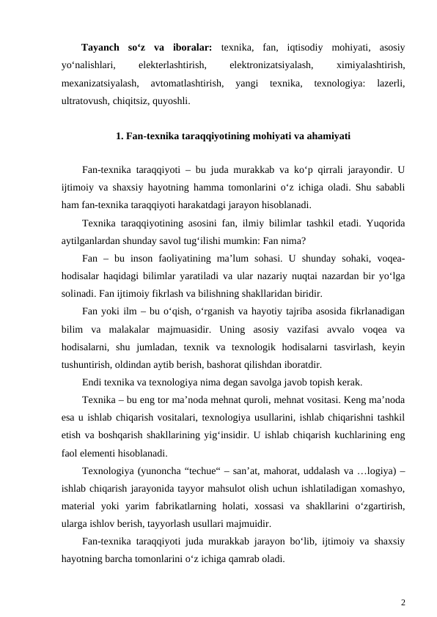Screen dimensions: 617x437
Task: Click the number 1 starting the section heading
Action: coord(119,136)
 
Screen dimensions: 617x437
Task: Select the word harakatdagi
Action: coord(193,204)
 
